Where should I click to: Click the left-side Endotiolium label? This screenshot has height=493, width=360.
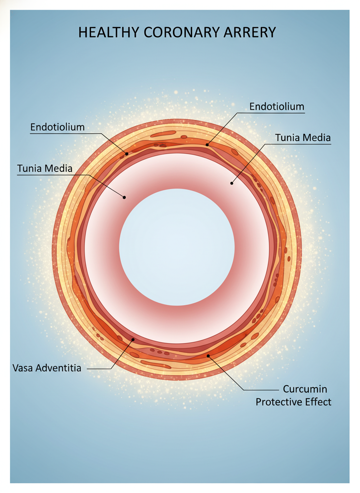[x=57, y=127]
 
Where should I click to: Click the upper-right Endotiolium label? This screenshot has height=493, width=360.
[x=277, y=107]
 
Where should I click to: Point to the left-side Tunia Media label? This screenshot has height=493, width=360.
[x=45, y=169]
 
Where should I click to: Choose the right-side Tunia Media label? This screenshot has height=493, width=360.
[x=303, y=137]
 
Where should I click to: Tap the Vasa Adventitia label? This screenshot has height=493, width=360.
[x=47, y=368]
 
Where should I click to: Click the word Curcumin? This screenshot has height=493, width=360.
[x=305, y=389]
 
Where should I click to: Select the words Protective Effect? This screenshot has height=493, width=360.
[x=293, y=402]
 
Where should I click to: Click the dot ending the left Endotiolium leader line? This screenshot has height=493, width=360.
[x=127, y=154]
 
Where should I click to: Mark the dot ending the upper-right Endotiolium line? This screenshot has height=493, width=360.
[x=207, y=144]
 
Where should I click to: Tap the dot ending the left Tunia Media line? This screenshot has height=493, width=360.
[x=124, y=197]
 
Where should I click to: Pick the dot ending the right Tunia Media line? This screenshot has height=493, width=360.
[x=232, y=183]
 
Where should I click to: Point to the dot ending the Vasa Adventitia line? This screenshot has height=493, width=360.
[x=133, y=339]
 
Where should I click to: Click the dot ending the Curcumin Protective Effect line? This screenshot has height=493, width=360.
[x=208, y=356]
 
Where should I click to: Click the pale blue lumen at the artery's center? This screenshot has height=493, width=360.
[x=177, y=246]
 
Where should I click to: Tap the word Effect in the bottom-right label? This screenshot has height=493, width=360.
[x=319, y=402]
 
